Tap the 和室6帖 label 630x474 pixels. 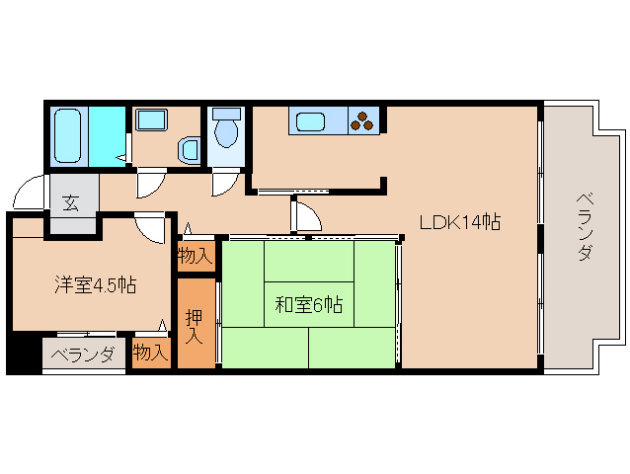(x=308, y=305)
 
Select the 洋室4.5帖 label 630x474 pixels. (x=95, y=286)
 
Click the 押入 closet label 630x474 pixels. (x=196, y=326)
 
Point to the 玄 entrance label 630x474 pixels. (x=72, y=204)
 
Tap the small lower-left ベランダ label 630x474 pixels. (x=83, y=355)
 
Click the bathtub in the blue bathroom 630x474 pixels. (x=69, y=135)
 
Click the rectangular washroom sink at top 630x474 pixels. (x=152, y=121)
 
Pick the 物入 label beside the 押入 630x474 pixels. (x=195, y=257)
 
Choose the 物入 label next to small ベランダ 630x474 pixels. (x=150, y=353)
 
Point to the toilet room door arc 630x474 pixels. (x=225, y=181)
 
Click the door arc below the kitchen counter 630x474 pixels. (x=305, y=212)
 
